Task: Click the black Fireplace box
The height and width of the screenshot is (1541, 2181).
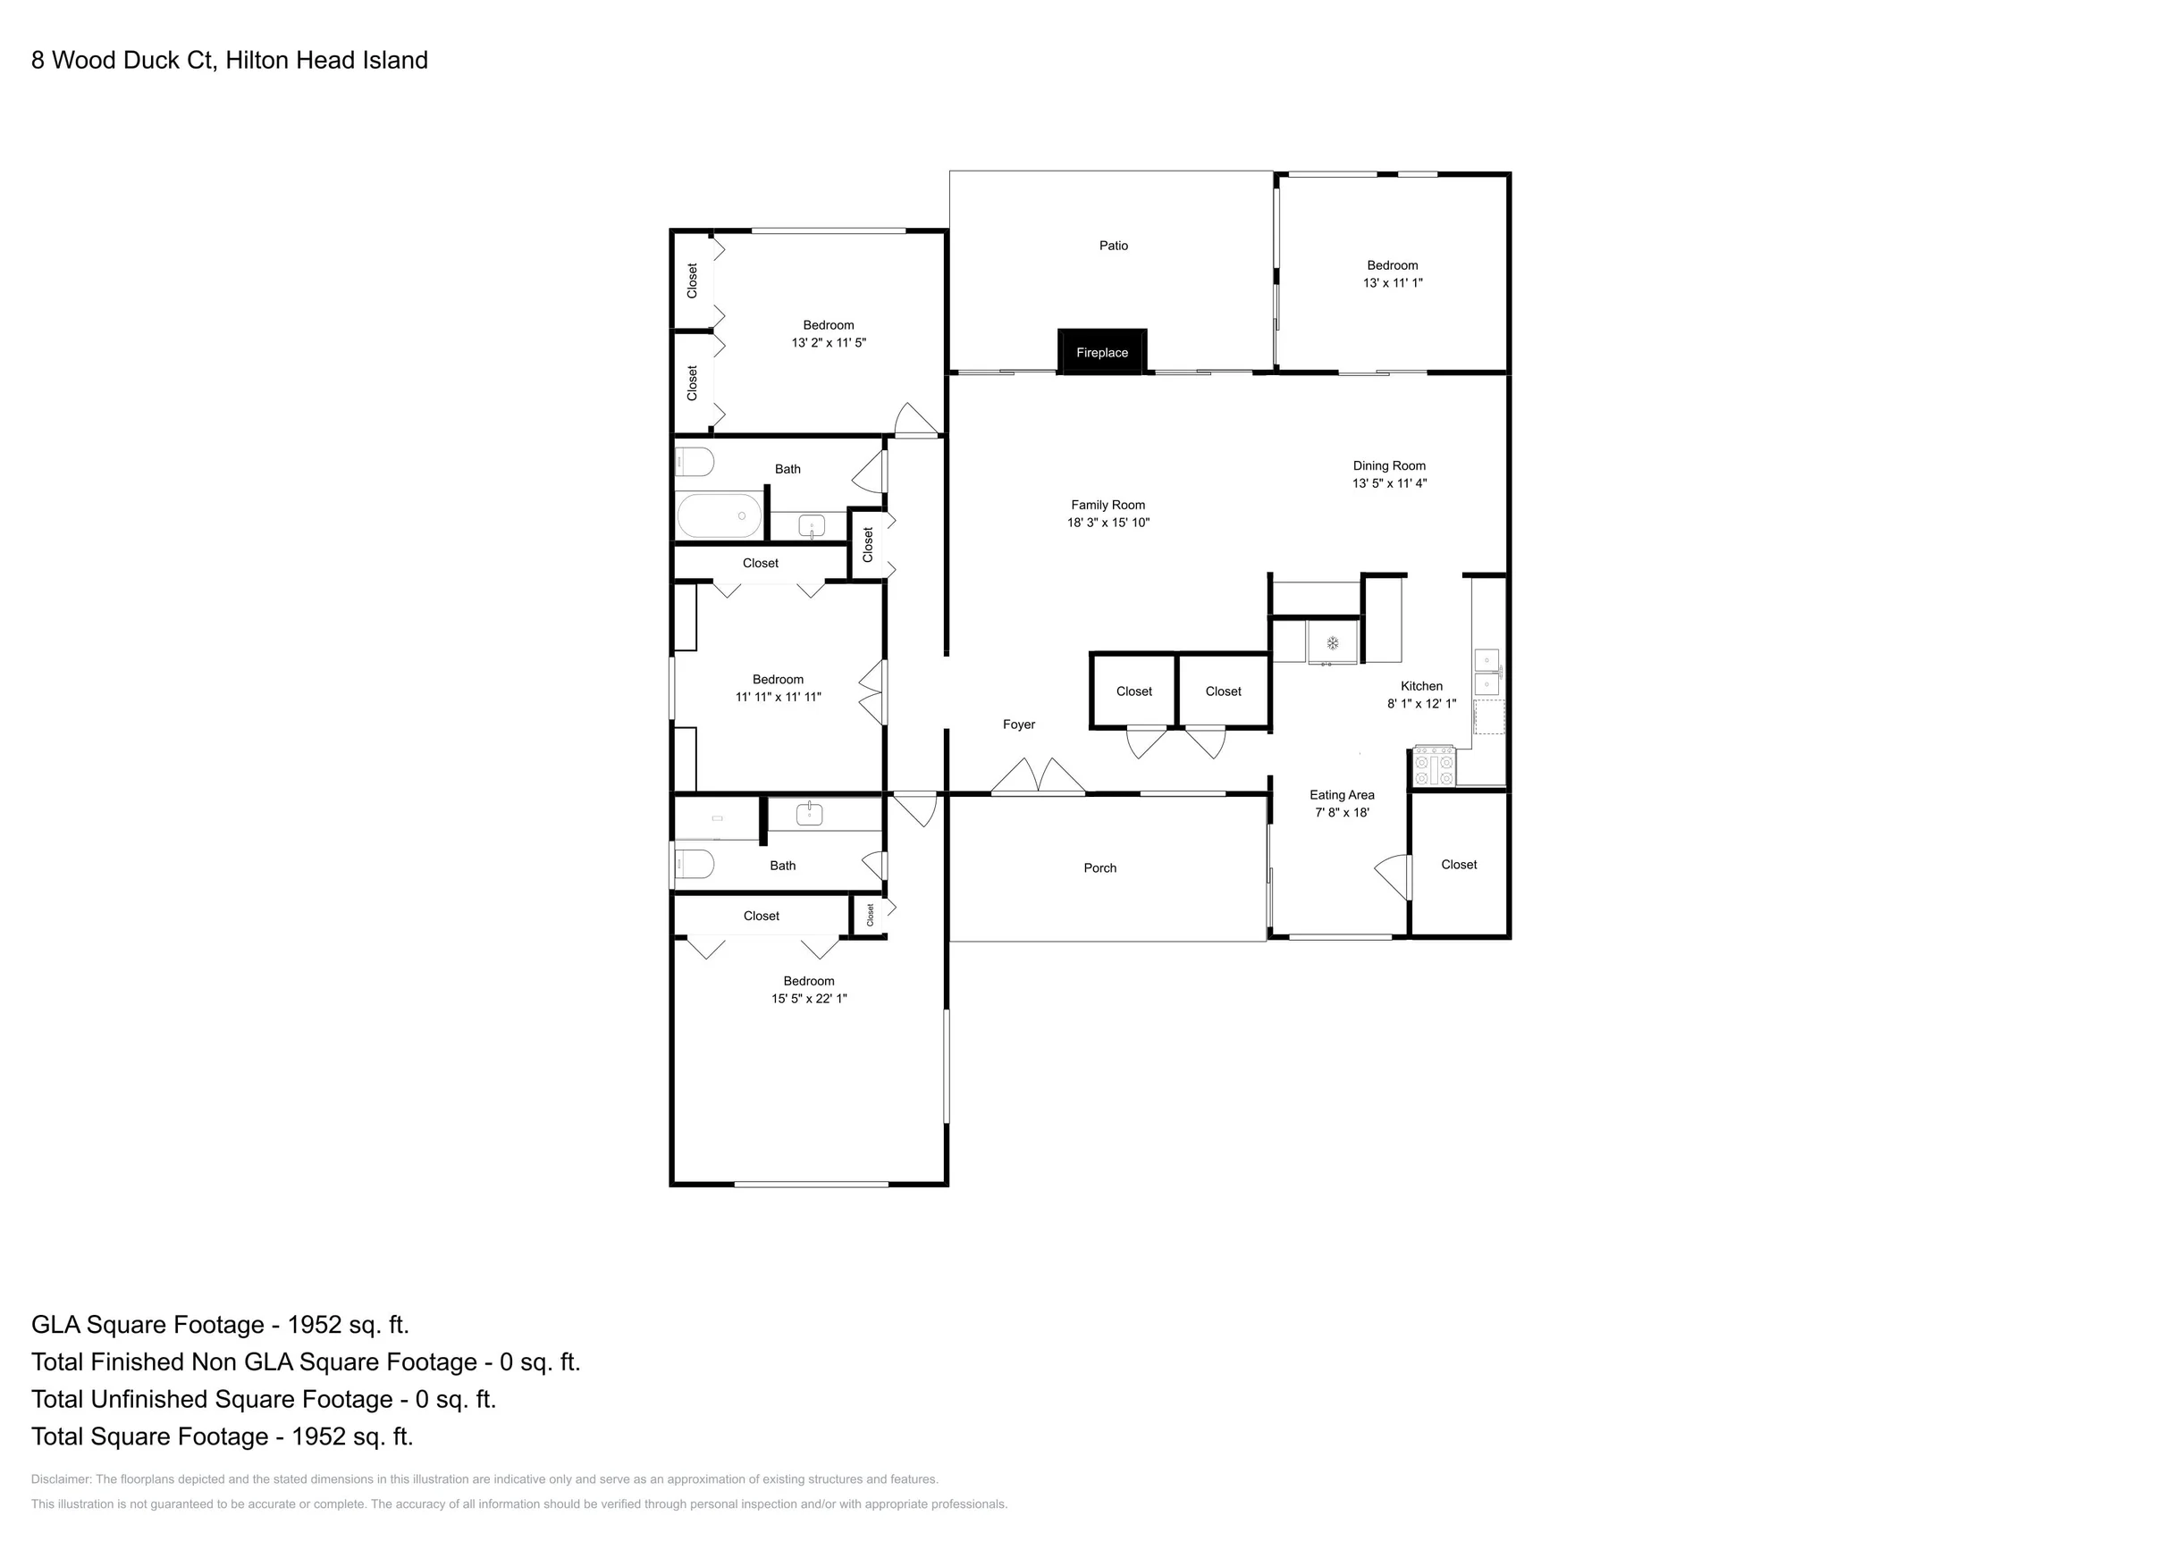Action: (x=1102, y=351)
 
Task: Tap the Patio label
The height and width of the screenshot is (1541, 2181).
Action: (x=1114, y=246)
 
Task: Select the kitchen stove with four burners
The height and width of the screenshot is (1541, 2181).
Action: (x=1435, y=766)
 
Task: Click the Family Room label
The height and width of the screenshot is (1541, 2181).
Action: (x=1107, y=505)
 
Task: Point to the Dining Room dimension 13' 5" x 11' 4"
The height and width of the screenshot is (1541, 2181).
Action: (x=1390, y=483)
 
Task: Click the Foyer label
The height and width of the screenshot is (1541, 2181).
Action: (x=1018, y=724)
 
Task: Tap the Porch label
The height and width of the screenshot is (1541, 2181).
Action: (x=1100, y=867)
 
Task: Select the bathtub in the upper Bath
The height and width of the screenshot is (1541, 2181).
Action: (x=719, y=515)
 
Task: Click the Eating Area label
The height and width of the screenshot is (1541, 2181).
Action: (x=1342, y=796)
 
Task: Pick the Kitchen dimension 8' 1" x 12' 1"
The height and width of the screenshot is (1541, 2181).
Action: (x=1421, y=705)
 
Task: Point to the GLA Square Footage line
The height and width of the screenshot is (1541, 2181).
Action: (x=221, y=1325)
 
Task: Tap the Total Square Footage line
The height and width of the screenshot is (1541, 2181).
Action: (x=223, y=1436)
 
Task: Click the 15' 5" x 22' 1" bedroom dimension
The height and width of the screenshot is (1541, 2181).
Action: (x=808, y=999)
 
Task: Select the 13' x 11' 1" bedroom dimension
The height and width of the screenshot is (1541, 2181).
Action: (x=1393, y=283)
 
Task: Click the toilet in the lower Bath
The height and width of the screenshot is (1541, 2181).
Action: (x=695, y=865)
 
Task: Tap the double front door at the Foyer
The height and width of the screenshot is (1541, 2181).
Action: (x=1039, y=776)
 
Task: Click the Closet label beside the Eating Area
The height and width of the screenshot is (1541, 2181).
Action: (x=1459, y=865)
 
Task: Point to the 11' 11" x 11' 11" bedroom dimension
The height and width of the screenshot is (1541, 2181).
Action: (x=778, y=697)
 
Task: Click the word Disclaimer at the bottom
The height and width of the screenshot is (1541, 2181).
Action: (x=61, y=1479)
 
